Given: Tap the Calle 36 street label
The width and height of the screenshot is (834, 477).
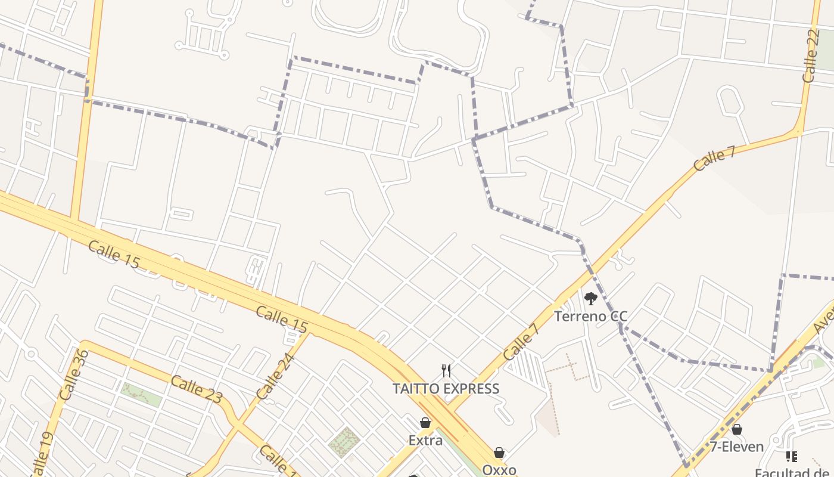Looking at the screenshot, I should [74, 374].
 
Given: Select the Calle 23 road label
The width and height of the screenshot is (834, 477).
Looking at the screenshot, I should [197, 389].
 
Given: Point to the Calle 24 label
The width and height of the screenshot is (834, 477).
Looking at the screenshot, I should [275, 376].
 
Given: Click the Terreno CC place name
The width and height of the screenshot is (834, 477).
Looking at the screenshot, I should [590, 316].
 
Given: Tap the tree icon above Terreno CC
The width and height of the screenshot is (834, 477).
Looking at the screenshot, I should [590, 299].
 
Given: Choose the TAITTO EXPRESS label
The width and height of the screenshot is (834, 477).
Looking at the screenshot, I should [446, 389].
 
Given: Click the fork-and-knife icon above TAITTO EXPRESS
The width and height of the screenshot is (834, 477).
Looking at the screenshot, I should [446, 371].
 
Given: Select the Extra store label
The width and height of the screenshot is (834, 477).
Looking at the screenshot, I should [425, 440].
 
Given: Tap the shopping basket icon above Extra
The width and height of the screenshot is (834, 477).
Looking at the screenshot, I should [425, 423].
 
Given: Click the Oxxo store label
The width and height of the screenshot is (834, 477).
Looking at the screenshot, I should [499, 470].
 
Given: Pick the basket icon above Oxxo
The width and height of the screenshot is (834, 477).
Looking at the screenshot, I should [499, 453].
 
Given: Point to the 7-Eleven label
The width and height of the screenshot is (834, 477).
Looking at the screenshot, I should [736, 446].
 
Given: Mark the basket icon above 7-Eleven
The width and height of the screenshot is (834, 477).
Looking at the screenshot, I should [737, 429].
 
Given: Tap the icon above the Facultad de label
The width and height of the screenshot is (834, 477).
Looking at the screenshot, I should [792, 457].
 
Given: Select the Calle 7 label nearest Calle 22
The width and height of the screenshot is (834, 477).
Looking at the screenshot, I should [714, 159].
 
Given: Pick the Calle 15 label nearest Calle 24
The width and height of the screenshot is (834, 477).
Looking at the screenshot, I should [282, 319].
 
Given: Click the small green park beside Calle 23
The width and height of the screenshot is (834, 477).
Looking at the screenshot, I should [141, 395].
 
